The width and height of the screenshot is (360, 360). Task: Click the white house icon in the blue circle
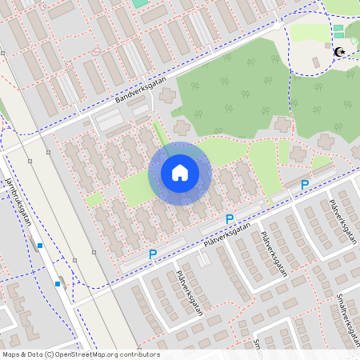pyautogui.click(x=179, y=173)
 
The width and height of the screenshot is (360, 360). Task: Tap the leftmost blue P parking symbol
pyautogui.click(x=153, y=254)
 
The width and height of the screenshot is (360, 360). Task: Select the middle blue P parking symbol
pyautogui.click(x=230, y=219)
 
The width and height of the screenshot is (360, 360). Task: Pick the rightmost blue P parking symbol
pyautogui.click(x=305, y=185)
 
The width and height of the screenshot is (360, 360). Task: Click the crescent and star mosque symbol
pyautogui.click(x=339, y=52)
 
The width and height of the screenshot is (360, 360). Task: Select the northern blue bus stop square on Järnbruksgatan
pyautogui.click(x=39, y=245)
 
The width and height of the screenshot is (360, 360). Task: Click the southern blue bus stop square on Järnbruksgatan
pyautogui.click(x=58, y=283)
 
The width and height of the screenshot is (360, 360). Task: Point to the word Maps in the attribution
pyautogui.click(x=11, y=354)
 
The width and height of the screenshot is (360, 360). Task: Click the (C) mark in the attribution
pyautogui.click(x=50, y=354)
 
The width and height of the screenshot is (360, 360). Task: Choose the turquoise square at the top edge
pyautogui.click(x=140, y=3)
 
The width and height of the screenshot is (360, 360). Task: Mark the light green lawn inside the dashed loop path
pyautogui.click(x=308, y=32)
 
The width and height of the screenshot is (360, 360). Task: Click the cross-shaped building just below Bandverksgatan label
pyautogui.click(x=167, y=96)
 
